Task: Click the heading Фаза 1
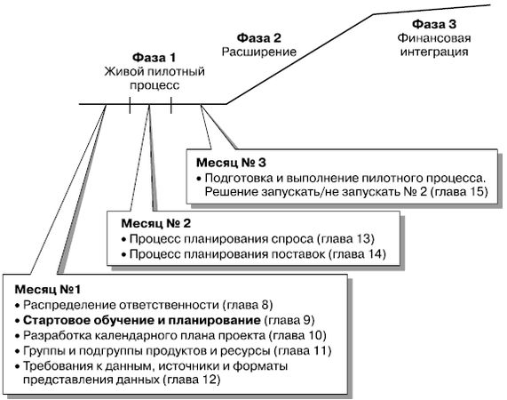tap(154, 58)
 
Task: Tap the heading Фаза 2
tap(259, 38)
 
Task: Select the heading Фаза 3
tap(434, 24)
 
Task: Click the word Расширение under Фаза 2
tap(259, 52)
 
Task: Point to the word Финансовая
tap(434, 38)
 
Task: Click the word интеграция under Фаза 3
tap(434, 52)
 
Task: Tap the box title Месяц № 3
tap(231, 163)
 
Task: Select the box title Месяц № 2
tap(156, 223)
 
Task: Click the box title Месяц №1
tap(48, 289)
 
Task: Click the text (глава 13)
tap(345, 239)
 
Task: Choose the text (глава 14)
tap(357, 254)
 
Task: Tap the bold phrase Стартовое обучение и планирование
tap(142, 320)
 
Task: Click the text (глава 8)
tap(248, 305)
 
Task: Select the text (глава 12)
tap(192, 380)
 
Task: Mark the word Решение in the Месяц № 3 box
tap(231, 192)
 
